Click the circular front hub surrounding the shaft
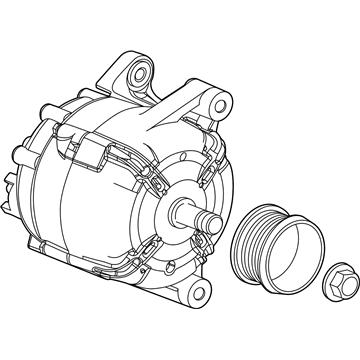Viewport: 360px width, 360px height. (x=185, y=205)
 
